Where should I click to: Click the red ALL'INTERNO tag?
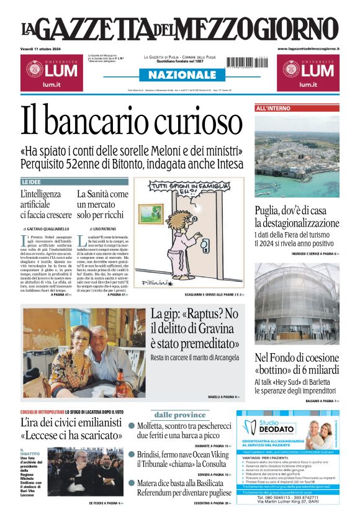point(273,109)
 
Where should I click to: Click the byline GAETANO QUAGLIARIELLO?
point(48,229)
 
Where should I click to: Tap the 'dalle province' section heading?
point(179,415)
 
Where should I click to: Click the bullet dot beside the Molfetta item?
point(132,426)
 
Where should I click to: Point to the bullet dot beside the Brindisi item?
point(132,454)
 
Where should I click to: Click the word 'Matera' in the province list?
point(151,483)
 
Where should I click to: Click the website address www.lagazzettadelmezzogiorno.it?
point(308,48)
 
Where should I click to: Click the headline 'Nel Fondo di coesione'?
point(296,358)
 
